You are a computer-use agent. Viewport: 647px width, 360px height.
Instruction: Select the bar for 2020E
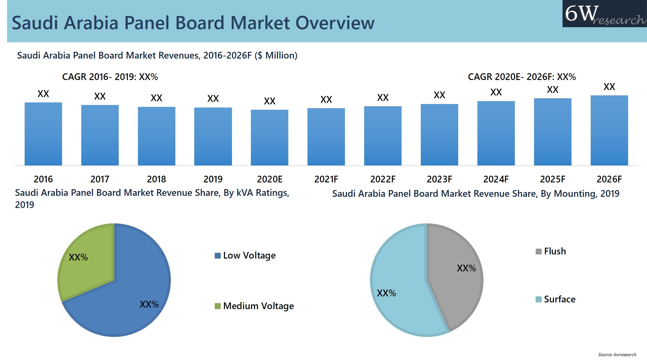269,138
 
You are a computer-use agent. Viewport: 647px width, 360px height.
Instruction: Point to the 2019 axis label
213,179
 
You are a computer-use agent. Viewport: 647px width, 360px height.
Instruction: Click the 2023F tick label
439,179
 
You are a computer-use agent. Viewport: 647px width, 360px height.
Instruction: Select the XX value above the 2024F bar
496,92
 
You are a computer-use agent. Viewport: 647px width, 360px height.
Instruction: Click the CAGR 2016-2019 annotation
110,77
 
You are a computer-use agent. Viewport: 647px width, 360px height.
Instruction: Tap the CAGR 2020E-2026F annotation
522,77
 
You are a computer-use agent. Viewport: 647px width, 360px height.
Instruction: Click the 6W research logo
604,14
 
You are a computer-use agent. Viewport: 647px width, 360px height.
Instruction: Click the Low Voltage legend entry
245,255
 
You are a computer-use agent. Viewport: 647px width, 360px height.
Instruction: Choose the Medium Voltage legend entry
254,306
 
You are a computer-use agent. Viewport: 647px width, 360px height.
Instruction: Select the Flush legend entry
551,251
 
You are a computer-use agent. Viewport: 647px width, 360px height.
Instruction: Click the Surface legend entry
555,299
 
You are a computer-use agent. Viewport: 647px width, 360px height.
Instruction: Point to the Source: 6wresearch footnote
617,355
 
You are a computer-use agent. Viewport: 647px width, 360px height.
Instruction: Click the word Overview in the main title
334,23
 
